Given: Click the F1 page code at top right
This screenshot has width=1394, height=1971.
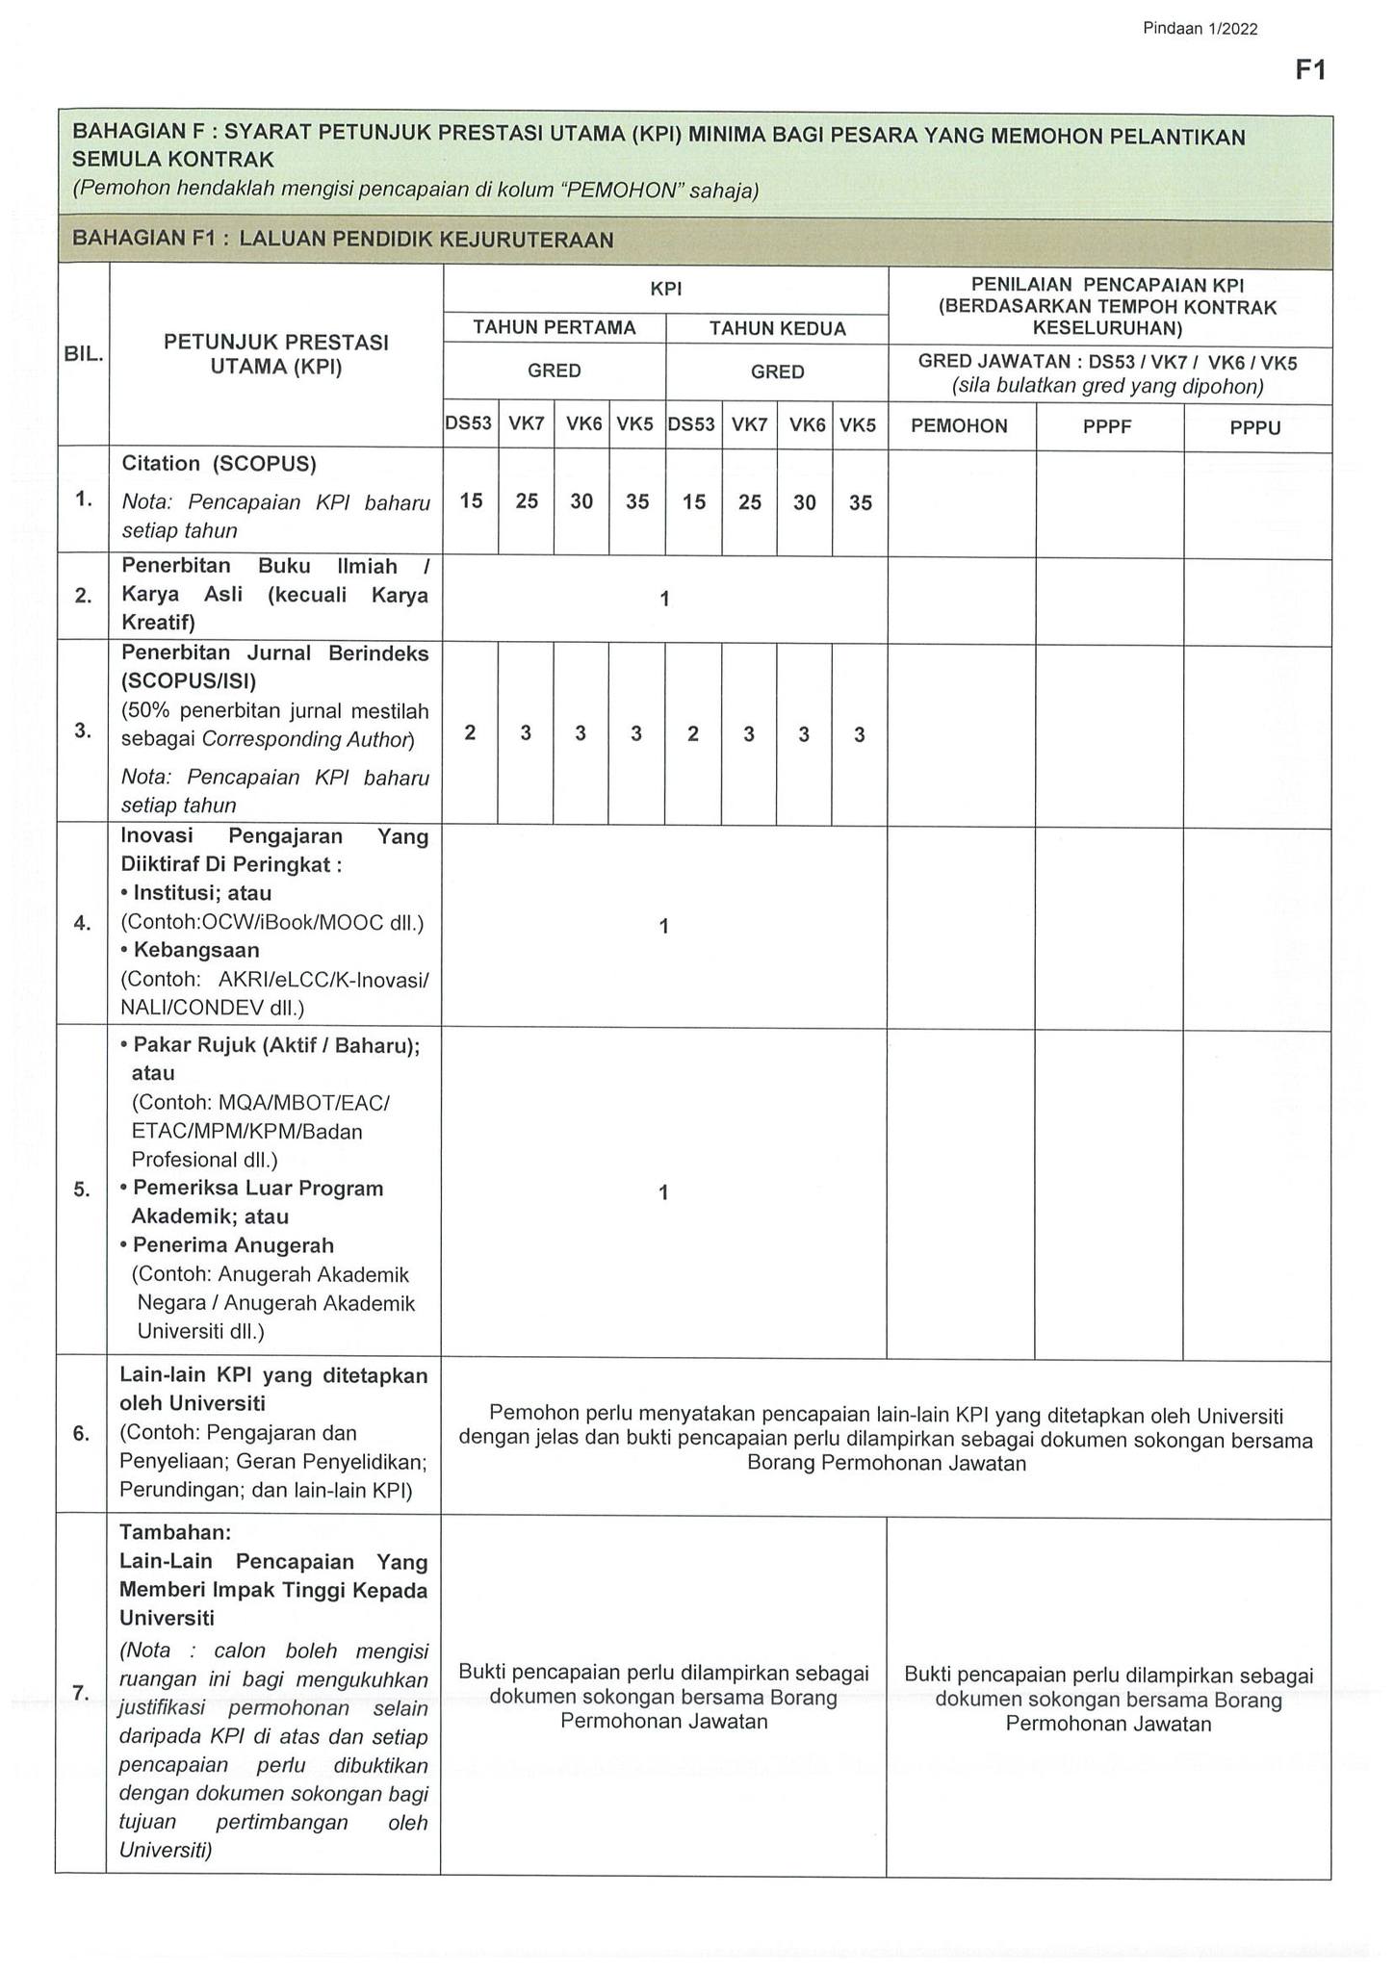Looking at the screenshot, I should (x=1310, y=70).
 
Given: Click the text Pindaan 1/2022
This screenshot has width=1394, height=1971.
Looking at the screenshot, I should (x=1200, y=29).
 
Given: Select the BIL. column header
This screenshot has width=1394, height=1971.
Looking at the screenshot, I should (x=83, y=354).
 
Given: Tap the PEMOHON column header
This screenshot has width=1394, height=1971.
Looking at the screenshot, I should (x=959, y=426).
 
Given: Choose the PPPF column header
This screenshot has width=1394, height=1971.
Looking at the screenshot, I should (x=1107, y=427).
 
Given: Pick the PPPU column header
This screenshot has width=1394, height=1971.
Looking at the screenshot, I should (x=1255, y=427).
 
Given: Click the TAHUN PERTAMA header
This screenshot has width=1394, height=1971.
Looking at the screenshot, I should (x=555, y=328).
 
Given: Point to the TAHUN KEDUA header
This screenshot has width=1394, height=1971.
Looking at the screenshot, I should (x=777, y=329).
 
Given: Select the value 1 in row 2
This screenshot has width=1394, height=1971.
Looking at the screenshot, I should (x=664, y=599).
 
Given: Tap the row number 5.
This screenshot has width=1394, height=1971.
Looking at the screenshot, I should (x=82, y=1190).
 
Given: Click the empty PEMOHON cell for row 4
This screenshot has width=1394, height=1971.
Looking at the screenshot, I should (x=960, y=926).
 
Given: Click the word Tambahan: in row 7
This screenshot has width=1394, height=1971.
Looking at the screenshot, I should (x=175, y=1531).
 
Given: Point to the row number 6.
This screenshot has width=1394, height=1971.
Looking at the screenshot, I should (x=82, y=1433).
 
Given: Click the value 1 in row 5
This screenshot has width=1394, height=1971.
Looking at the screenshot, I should (x=663, y=1192).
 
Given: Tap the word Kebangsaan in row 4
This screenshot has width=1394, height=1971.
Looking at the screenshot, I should (x=196, y=950).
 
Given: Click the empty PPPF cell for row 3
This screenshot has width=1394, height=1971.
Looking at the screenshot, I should (x=1107, y=733).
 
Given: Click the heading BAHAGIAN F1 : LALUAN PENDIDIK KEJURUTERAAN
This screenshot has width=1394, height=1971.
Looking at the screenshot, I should (x=343, y=240).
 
